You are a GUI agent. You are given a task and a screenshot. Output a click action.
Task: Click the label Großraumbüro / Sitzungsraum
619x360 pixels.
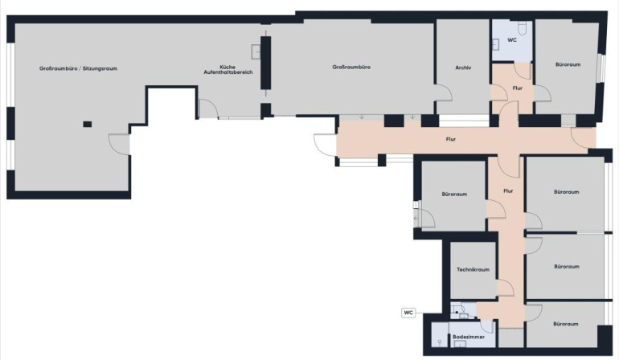pyautogui.click(x=78, y=68)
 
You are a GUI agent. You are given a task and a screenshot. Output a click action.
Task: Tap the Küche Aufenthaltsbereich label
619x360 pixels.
pyautogui.click(x=228, y=69)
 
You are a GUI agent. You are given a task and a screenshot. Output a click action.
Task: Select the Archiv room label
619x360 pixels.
pyautogui.click(x=463, y=67)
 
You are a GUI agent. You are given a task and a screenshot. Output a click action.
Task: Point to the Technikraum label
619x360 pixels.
pyautogui.click(x=473, y=270)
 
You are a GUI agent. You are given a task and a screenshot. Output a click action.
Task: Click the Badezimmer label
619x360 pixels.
pyautogui.click(x=469, y=337)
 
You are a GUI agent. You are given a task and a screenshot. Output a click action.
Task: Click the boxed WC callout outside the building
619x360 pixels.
pyautogui.click(x=408, y=313)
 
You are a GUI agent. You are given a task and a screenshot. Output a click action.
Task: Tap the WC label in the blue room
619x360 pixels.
pyautogui.click(x=511, y=40)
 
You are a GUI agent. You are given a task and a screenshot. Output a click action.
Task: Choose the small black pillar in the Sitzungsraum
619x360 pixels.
pyautogui.click(x=88, y=124)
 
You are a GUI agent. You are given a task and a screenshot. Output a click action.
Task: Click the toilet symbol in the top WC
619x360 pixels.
pyautogui.click(x=522, y=27)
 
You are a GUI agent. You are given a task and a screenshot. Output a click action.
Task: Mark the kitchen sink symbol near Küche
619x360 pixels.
pyautogui.click(x=256, y=51)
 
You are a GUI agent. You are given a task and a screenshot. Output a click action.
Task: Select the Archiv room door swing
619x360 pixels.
pyautogui.click(x=444, y=93)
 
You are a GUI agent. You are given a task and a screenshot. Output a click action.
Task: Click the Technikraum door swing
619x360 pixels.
pyautogui.click(x=505, y=288)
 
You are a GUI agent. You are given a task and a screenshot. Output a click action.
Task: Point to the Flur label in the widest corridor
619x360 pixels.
pyautogui.click(x=451, y=139)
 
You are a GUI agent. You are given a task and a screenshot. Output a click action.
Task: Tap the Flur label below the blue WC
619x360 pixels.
pyautogui.click(x=518, y=88)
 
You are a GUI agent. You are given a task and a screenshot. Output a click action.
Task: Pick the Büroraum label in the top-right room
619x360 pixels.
pyautogui.click(x=568, y=64)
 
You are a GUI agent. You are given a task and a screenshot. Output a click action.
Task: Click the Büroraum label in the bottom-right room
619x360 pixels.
pyautogui.click(x=566, y=324)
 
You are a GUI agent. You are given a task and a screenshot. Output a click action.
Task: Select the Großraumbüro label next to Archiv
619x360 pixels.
pyautogui.click(x=351, y=67)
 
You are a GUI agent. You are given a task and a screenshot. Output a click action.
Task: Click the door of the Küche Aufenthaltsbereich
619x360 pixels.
pyautogui.click(x=208, y=108)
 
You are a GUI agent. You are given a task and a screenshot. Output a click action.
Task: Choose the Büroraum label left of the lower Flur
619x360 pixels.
pyautogui.click(x=454, y=194)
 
